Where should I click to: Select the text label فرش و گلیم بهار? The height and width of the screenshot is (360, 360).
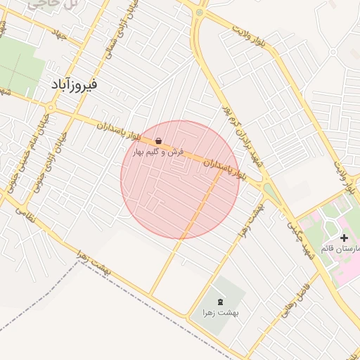pyautogui.click(x=160, y=152)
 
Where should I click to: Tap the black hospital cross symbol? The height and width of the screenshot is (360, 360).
pyautogui.click(x=343, y=239)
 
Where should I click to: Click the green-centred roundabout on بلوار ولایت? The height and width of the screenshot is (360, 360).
pyautogui.click(x=200, y=12)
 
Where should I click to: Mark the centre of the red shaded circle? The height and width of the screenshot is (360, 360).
pyautogui.click(x=181, y=179)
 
